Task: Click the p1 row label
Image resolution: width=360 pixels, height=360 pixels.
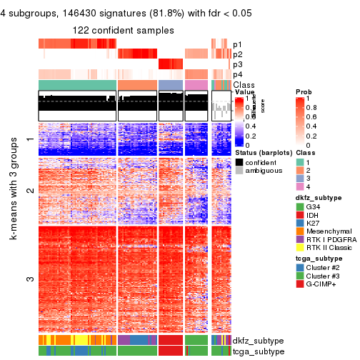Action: pos(237,44)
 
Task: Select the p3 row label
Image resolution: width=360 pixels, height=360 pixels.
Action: pos(237,64)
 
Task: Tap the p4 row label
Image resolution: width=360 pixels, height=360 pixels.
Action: pos(237,74)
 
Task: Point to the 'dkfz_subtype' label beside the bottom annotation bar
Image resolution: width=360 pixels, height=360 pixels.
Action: pos(259,341)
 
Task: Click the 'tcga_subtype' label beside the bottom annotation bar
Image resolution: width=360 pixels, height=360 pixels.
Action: pos(259,351)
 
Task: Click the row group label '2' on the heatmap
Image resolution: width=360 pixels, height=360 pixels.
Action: pos(30,190)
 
